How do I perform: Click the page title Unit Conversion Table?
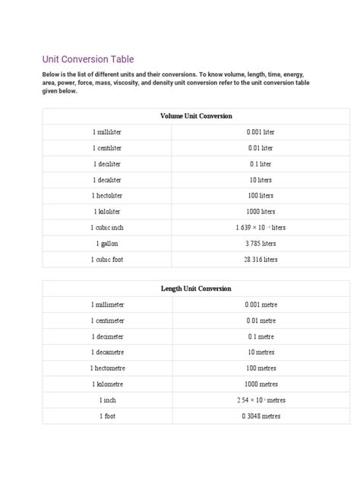pos(87,59)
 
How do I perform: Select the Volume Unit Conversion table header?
pos(196,116)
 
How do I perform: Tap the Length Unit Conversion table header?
pos(196,289)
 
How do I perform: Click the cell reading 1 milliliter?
pos(107,132)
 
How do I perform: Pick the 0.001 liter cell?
pos(261,132)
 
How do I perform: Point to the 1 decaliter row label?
pos(107,180)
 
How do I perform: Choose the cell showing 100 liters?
pos(261,196)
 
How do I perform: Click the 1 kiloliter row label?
pos(107,212)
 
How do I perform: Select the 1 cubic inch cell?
pos(107,228)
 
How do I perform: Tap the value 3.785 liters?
pos(261,244)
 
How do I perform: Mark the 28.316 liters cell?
pos(261,260)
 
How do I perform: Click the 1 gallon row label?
pos(107,244)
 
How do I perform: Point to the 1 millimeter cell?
pos(107,305)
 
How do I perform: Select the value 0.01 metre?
pos(261,321)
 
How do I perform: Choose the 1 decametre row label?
pos(107,352)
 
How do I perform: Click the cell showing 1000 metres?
pos(261,384)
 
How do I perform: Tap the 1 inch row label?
pos(107,400)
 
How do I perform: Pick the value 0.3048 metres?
pos(261,416)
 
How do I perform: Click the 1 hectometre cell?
pos(107,368)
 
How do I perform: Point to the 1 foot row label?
pos(107,416)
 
